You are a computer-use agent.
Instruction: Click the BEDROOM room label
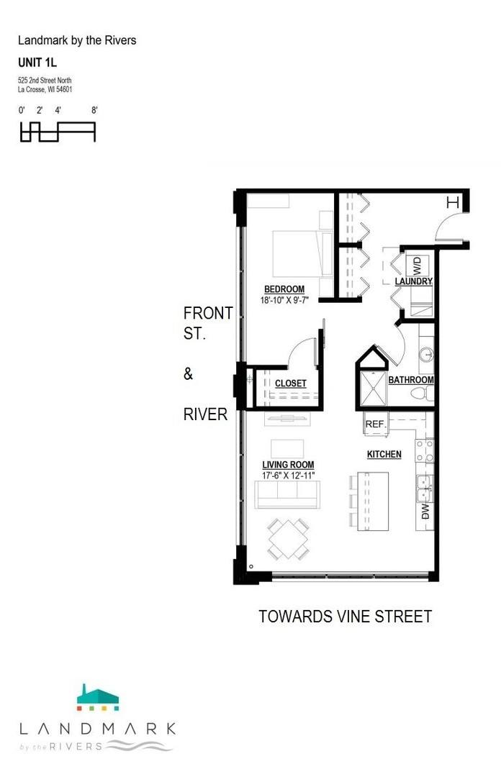coord(284,289)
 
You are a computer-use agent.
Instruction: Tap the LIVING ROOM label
coord(288,465)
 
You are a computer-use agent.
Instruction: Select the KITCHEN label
coord(384,454)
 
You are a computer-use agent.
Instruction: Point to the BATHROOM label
coord(411,380)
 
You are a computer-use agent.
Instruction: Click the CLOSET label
coord(291,383)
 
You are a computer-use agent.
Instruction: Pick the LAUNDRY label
coord(414,281)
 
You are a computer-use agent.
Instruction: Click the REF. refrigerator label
coord(376,424)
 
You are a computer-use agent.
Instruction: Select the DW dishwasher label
coord(425,512)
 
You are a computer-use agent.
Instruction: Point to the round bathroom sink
coord(426,355)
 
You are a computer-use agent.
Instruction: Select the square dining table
coord(288,539)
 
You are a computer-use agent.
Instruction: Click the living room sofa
coord(286,494)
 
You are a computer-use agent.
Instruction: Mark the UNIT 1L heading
coord(37,63)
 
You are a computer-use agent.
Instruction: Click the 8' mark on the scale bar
coord(94,110)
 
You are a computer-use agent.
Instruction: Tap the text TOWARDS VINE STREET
coord(346,617)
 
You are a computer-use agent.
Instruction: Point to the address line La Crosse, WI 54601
coord(45,90)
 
